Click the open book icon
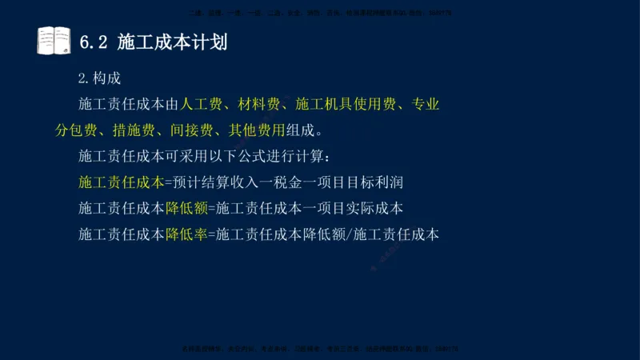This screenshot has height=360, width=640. click(54, 41)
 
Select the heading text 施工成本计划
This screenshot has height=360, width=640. click(172, 42)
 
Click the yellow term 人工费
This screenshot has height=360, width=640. click(202, 104)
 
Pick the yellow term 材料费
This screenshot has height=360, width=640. click(260, 104)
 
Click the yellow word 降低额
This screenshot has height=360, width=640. click(186, 208)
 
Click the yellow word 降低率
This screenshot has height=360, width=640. click(186, 234)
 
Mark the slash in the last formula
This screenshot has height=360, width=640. click(349, 234)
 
